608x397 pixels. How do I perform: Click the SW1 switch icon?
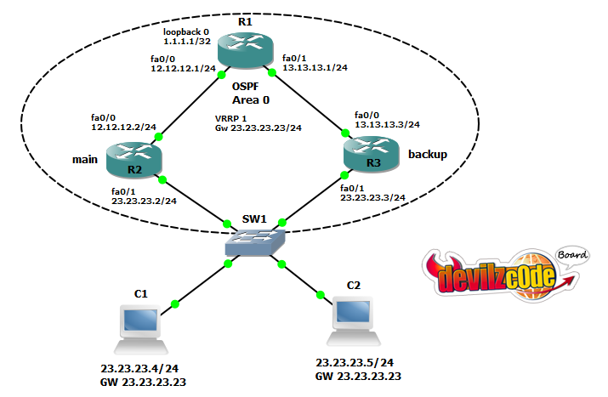pos(253,241)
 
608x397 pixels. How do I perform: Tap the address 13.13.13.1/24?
pos(314,70)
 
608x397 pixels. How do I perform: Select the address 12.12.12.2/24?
pos(123,126)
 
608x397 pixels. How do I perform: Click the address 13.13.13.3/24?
pos(387,123)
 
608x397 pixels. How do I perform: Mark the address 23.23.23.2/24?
pos(144,201)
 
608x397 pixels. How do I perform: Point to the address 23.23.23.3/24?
pos(372,197)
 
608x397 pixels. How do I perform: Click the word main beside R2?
pos(83,157)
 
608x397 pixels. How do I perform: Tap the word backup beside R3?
pos(427,156)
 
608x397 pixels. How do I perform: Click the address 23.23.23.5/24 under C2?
pos(352,362)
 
